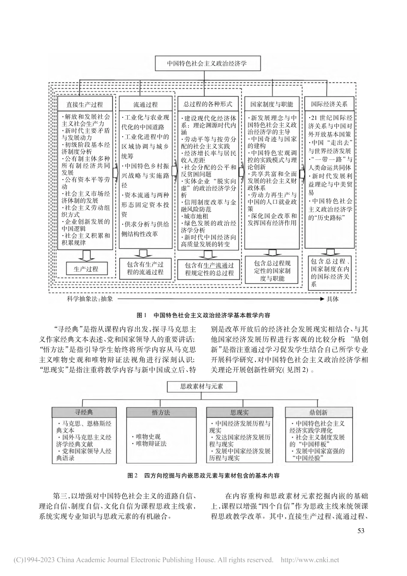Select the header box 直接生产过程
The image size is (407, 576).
click(85, 104)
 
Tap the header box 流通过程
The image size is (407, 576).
click(145, 104)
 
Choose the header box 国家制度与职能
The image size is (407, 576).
click(272, 104)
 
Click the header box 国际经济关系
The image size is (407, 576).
click(329, 104)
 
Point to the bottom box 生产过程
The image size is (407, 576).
click(86, 269)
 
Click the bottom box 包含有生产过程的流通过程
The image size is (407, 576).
click(145, 268)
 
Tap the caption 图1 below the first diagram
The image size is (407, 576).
click(139, 315)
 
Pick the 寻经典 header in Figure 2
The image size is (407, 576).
click(84, 412)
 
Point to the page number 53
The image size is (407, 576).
click(360, 531)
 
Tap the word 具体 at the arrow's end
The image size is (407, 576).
click(332, 299)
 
